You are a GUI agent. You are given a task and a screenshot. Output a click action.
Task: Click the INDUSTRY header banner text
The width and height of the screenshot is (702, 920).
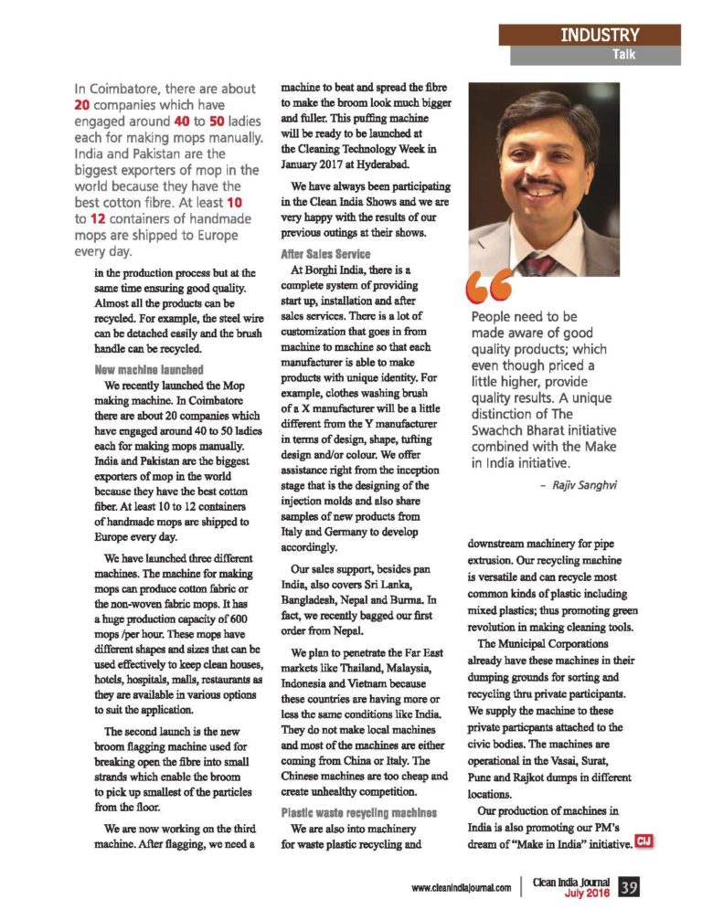pyautogui.click(x=600, y=35)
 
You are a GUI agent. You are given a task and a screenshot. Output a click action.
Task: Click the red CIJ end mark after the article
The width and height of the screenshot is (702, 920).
pyautogui.click(x=644, y=841)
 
